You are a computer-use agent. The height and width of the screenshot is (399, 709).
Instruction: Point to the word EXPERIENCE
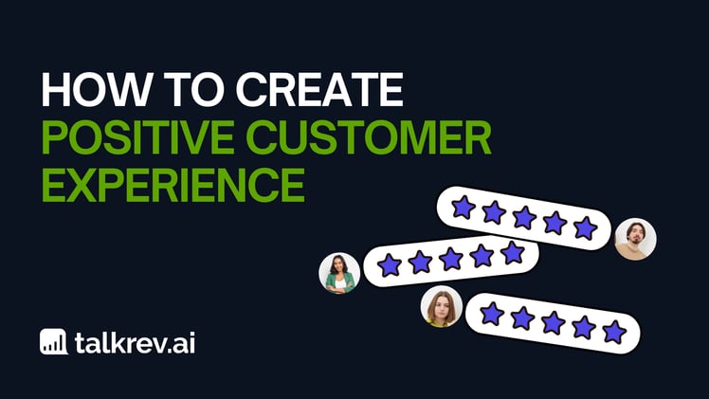[172, 185]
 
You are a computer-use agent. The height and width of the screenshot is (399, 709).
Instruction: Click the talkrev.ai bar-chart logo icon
[53, 342]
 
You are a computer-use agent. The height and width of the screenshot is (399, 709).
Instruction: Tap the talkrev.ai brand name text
[136, 342]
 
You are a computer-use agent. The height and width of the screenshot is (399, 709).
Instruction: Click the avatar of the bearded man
[634, 240]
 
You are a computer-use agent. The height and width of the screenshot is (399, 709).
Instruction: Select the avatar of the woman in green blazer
[339, 273]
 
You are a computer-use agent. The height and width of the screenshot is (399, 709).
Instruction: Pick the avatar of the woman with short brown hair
[441, 307]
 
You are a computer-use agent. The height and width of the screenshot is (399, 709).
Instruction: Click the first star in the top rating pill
[463, 208]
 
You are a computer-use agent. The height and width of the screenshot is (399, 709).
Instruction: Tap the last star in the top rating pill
[585, 228]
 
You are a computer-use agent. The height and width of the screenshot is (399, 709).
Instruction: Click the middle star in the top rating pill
[524, 218]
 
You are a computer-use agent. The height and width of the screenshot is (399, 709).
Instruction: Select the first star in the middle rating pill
[390, 265]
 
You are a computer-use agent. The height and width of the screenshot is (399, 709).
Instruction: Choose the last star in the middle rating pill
[512, 252]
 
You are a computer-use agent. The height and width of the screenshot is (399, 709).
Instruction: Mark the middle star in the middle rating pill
[451, 259]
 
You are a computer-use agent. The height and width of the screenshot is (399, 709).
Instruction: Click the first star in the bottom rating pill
[492, 313]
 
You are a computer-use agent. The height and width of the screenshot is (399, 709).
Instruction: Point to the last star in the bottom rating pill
[614, 332]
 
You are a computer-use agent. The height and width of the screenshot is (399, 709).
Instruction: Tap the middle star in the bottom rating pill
[554, 322]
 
